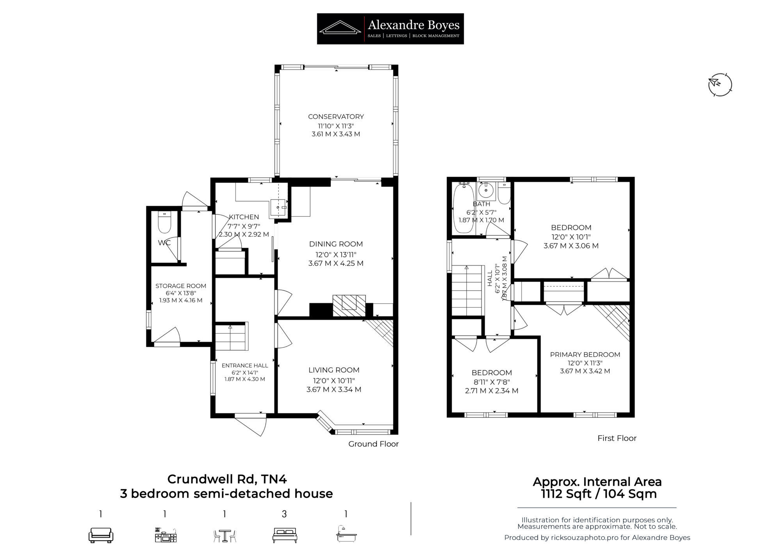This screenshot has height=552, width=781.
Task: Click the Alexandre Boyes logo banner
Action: (x=390, y=29)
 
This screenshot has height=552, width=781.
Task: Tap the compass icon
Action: (x=720, y=84)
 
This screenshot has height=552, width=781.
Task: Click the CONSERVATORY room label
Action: (x=336, y=116)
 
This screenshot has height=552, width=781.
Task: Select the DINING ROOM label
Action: (x=336, y=244)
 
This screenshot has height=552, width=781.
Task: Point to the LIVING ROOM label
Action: (x=334, y=370)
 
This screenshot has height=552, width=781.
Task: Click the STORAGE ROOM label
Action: (x=181, y=286)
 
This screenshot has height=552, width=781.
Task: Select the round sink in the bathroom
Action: (x=486, y=191)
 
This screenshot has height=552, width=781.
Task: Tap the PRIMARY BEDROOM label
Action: (x=585, y=354)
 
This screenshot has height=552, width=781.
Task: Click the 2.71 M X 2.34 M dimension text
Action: (x=492, y=391)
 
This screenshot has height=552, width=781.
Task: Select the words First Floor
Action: (x=617, y=438)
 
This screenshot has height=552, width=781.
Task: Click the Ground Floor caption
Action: (x=373, y=444)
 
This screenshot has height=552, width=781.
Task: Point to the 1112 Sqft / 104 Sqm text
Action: (x=599, y=494)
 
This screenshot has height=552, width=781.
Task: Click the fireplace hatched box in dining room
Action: (x=349, y=306)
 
